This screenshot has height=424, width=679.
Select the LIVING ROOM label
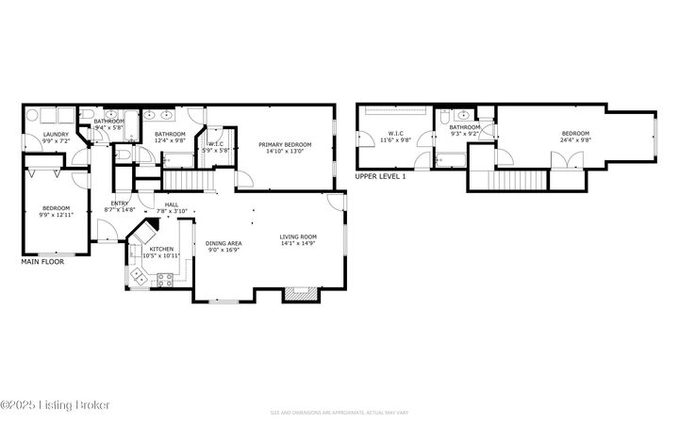coord(297,236)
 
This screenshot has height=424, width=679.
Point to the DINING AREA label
coord(224,244)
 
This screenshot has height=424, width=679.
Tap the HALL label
coord(172,204)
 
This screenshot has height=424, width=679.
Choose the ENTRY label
coord(120,204)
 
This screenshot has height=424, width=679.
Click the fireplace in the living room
coord(298,293)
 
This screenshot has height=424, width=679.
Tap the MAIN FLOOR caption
coord(42,263)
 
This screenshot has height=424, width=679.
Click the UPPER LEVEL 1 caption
coord(381,176)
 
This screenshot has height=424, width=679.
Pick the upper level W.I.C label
coord(395,134)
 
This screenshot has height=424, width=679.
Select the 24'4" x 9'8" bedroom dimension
coord(575,140)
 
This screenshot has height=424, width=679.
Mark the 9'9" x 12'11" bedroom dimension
coord(55,214)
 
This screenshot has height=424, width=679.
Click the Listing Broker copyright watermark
coord(56,404)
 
